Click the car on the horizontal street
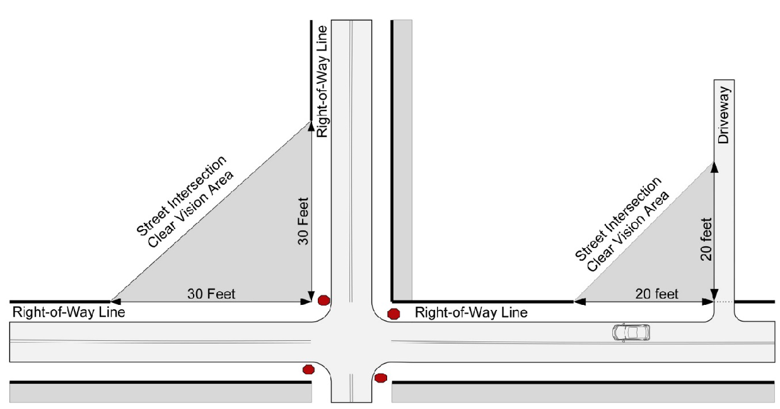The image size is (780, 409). click(x=631, y=332)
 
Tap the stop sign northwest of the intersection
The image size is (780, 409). click(x=323, y=300)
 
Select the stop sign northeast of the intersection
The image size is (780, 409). click(x=393, y=314)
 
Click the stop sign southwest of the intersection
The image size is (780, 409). click(x=308, y=369)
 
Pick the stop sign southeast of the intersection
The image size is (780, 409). click(x=380, y=378)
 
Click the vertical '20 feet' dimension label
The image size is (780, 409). click(x=706, y=239)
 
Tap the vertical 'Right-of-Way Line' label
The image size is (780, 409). click(x=322, y=81)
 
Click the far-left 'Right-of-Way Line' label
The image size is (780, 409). click(x=69, y=312)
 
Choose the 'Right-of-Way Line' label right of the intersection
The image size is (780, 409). click(x=471, y=312)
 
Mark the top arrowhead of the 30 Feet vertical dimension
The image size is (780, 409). click(x=311, y=126)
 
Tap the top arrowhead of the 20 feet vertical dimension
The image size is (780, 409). click(x=714, y=166)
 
